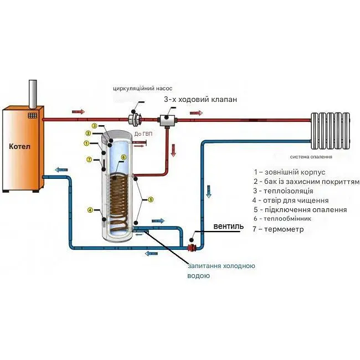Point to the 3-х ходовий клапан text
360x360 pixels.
pos(200,100)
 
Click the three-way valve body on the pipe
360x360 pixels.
pos(166,119)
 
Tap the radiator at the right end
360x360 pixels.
pos(331,131)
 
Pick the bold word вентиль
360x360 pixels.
pos(228,227)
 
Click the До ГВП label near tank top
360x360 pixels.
pos(142,133)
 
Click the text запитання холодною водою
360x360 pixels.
pos(220,270)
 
